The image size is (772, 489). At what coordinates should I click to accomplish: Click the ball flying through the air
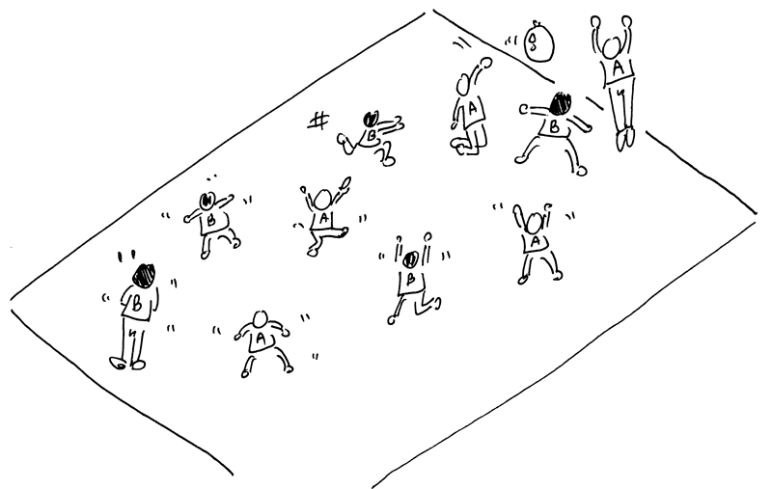click(538, 43)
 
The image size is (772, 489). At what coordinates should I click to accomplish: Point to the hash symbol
click(318, 121)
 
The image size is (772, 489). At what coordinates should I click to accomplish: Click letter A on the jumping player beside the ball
click(619, 67)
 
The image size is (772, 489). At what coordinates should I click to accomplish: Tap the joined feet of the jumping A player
click(625, 138)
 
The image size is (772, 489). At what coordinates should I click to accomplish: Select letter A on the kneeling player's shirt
click(472, 108)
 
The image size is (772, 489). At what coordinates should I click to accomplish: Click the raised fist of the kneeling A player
click(486, 62)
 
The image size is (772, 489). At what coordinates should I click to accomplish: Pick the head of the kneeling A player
click(463, 85)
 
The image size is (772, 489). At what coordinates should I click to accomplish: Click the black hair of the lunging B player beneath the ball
click(560, 104)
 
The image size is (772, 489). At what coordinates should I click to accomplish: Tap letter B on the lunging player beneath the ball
click(554, 127)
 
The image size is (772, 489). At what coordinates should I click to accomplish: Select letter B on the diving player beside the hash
click(372, 134)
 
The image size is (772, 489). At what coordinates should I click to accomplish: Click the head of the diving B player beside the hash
click(371, 119)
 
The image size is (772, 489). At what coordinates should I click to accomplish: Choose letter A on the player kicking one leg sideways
click(323, 217)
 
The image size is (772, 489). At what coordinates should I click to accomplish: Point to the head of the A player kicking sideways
click(322, 200)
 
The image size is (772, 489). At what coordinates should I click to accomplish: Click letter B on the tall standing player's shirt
click(136, 305)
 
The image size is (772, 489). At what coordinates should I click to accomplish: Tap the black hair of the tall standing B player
click(144, 276)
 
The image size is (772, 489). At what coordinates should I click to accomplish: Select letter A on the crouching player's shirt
click(260, 339)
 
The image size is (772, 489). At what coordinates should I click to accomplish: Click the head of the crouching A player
click(259, 319)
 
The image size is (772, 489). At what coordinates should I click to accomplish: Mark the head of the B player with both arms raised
click(412, 258)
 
